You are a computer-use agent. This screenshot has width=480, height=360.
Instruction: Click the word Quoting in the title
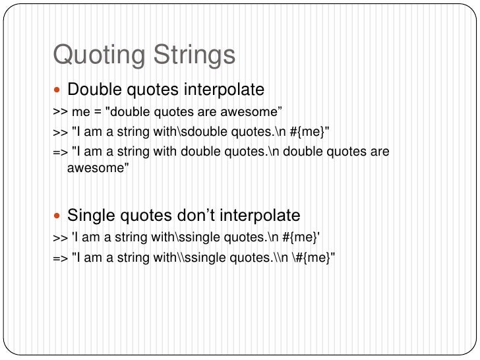click(x=98, y=56)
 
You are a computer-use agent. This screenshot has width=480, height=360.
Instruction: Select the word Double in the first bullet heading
click(x=93, y=89)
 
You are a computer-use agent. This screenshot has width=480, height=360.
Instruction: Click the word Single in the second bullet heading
click(x=90, y=216)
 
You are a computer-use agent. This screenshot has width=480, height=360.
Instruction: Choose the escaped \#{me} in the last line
click(x=314, y=258)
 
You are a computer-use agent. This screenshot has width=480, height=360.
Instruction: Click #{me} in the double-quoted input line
click(x=307, y=131)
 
